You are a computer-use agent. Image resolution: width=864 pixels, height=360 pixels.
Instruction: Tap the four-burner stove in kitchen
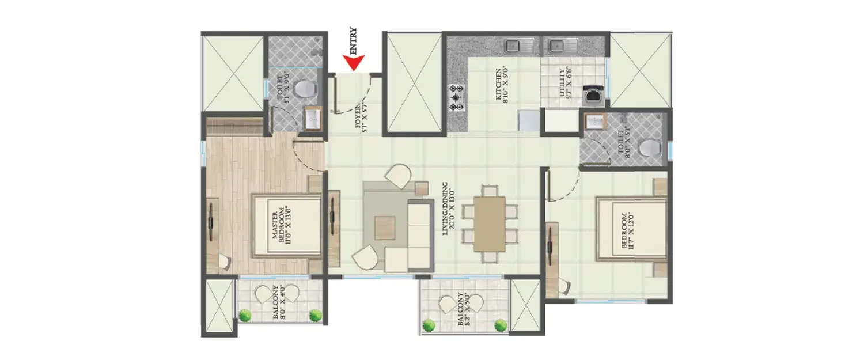click(x=458, y=98)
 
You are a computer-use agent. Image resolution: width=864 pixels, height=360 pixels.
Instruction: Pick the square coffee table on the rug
click(x=385, y=228)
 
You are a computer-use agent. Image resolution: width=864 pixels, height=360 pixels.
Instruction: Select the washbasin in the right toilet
click(x=593, y=123)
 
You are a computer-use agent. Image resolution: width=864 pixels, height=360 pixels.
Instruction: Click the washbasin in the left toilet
click(x=312, y=119)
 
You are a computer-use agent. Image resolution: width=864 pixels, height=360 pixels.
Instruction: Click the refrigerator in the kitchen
click(x=528, y=120)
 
